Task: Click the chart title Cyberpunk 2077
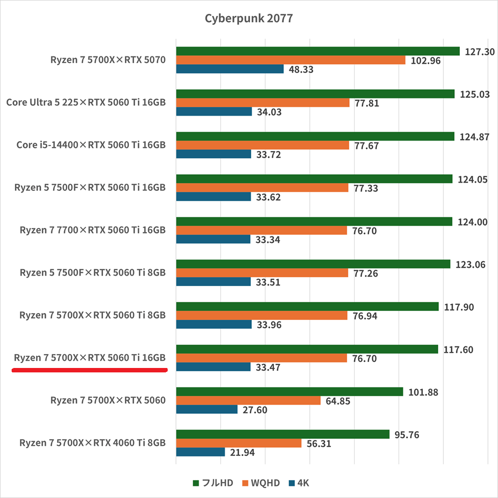click(248, 18)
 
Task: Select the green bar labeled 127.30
click(318, 51)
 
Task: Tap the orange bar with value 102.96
click(290, 60)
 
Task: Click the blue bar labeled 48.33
click(230, 69)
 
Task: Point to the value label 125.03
click(474, 94)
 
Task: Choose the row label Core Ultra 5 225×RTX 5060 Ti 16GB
click(86, 102)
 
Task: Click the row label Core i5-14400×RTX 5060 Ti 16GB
click(91, 145)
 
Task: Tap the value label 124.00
click(473, 222)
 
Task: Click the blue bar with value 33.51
click(214, 282)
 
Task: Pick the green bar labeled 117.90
click(307, 307)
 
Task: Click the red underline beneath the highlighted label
click(90, 371)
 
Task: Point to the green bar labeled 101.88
click(289, 392)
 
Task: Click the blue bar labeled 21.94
click(200, 452)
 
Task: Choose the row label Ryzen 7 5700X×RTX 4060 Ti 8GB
click(92, 443)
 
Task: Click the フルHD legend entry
click(212, 483)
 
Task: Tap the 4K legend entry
click(298, 483)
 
